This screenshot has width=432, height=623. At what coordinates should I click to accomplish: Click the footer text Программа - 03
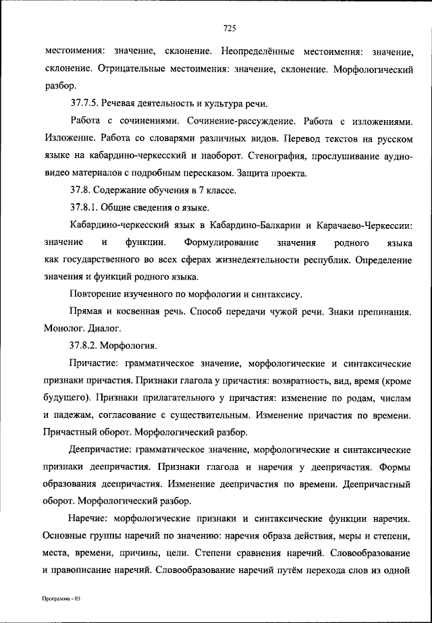(59, 599)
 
